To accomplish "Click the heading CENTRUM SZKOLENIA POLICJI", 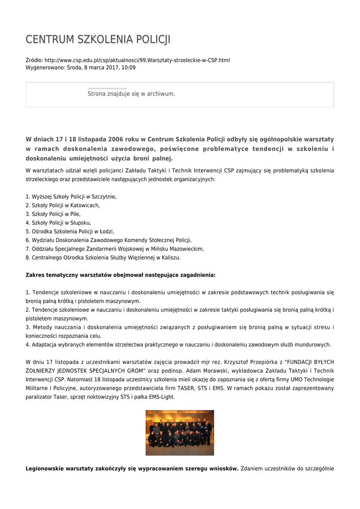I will (98, 39).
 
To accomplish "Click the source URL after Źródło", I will (137, 60).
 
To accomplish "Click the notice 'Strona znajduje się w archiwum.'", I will (131, 93).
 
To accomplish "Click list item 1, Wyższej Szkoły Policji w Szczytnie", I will (71, 196).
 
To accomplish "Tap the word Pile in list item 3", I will (75, 214).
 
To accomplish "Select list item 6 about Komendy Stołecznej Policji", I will (108, 240).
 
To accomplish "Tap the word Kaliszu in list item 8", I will (170, 257).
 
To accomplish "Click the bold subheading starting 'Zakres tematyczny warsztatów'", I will (120, 275).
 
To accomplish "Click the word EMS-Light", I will (161, 397).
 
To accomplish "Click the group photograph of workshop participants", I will (179, 432).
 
